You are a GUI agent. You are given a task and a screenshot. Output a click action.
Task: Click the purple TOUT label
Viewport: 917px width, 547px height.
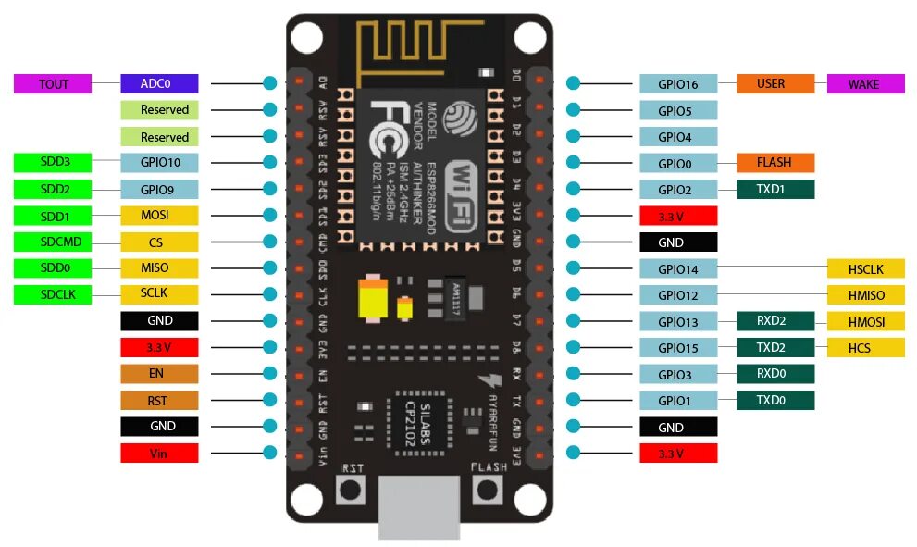(53, 83)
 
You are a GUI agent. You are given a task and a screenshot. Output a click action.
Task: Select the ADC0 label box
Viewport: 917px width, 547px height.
(158, 83)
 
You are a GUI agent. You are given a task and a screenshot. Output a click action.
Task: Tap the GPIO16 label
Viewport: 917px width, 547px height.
(678, 83)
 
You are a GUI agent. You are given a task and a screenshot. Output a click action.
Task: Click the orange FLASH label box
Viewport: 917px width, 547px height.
(775, 163)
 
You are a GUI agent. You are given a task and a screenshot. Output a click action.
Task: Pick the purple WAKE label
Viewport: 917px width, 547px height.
(865, 83)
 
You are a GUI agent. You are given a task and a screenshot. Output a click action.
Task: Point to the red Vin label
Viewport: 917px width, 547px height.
(158, 454)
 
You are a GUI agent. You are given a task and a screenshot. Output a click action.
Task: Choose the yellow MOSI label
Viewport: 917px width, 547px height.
(158, 216)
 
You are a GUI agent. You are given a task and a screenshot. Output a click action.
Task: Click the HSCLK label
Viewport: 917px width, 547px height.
(865, 268)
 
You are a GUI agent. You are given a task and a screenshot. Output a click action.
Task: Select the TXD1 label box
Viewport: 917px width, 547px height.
(775, 190)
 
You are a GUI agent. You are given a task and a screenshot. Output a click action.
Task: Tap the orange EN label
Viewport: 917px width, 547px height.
(158, 374)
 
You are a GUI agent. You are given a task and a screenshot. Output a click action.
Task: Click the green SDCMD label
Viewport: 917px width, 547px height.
(53, 242)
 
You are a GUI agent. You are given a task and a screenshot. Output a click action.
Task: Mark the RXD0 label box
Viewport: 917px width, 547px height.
(775, 375)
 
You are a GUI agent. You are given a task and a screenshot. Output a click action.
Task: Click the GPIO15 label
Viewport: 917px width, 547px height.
(678, 348)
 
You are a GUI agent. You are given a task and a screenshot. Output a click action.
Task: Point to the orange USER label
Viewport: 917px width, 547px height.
(775, 83)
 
